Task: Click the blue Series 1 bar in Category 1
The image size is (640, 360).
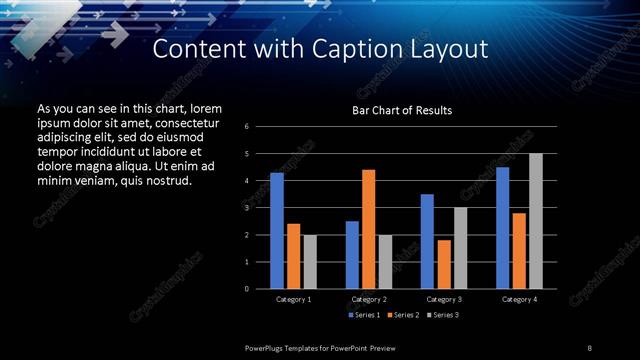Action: pos(277,231)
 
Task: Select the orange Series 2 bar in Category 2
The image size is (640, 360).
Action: pos(368,229)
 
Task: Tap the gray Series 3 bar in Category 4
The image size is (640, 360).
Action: pos(536,221)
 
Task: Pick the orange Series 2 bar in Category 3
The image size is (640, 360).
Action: pos(444,264)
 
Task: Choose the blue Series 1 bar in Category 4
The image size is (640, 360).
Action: pos(502,228)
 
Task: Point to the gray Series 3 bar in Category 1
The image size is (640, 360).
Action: pos(310,262)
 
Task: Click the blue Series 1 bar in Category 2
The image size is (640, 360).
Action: pos(352,255)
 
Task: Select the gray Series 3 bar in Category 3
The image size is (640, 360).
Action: pos(460,248)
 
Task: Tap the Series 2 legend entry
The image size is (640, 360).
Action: pos(402,315)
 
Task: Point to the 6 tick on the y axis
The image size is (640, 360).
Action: pos(247,127)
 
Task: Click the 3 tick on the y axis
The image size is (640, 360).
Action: pos(247,208)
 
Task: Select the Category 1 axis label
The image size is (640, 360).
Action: pos(293,299)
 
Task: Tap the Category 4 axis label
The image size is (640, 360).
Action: pos(518,299)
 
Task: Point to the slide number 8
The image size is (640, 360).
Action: pos(589,347)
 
